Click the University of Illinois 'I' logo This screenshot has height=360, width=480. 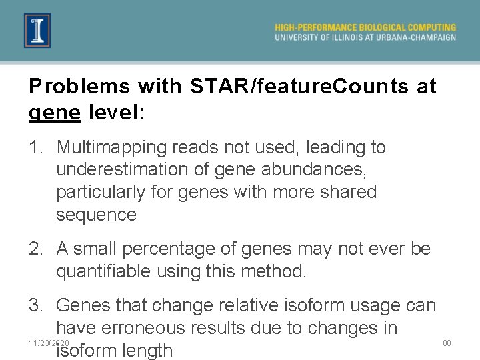37,31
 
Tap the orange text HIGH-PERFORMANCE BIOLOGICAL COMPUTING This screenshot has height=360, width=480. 365,27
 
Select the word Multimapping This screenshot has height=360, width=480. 112,147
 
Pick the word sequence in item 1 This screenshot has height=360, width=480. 96,215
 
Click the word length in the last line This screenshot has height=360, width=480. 148,351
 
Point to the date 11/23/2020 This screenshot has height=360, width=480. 49,343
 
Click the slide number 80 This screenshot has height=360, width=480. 447,343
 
